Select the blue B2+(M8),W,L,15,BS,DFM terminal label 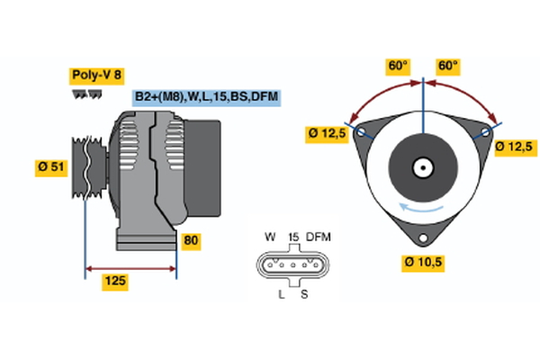207,96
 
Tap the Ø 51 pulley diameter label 51,166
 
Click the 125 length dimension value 114,282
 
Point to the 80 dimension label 190,240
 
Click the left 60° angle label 398,66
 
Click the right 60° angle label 447,66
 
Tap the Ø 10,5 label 423,262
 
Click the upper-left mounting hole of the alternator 363,132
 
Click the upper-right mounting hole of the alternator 484,132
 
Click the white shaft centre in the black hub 423,166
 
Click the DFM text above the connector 319,237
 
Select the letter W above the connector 269,237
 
